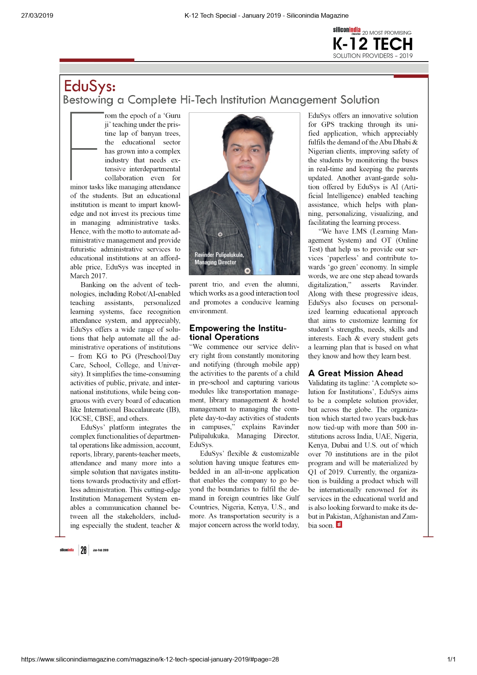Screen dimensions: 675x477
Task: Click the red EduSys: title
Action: point(90,86)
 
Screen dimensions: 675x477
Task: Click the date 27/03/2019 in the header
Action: point(37,15)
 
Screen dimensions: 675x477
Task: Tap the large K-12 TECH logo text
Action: point(372,44)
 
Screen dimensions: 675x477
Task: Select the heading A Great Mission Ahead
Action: point(355,373)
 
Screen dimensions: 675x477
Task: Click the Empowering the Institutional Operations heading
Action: point(238,333)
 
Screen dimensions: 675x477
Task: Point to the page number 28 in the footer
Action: point(83,550)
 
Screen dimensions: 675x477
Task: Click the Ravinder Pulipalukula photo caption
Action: point(219,259)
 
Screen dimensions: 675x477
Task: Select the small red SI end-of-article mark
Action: point(339,525)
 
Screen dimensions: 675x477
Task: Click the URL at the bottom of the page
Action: point(150,659)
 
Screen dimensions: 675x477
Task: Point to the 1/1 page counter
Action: point(451,659)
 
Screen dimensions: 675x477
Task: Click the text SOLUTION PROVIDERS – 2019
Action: point(372,56)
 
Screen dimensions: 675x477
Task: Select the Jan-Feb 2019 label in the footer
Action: point(100,550)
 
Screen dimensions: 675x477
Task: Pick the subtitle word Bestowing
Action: point(88,100)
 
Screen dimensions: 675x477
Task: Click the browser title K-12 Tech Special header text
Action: point(266,15)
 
